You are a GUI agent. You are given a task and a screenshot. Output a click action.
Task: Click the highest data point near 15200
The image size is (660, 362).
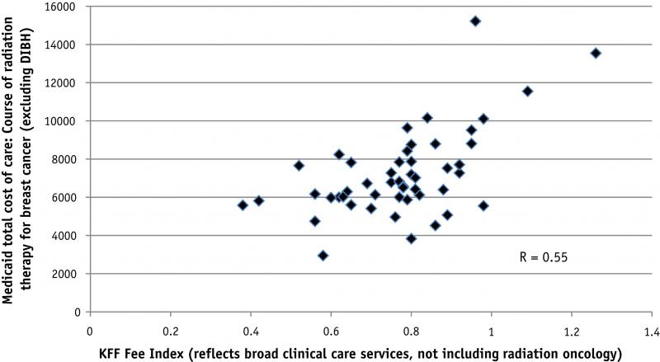click(475, 21)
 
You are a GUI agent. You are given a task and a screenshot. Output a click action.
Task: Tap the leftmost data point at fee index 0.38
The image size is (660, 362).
click(243, 205)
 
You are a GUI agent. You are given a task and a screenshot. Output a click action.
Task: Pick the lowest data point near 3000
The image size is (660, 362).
click(323, 256)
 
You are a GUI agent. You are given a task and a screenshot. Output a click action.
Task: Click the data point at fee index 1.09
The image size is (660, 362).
click(527, 92)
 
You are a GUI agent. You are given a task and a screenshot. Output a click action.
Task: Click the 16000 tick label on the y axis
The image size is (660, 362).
click(63, 7)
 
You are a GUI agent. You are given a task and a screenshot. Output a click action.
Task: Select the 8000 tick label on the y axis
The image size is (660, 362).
click(66, 159)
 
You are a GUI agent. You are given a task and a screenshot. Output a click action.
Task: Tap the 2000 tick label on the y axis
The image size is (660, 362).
click(66, 274)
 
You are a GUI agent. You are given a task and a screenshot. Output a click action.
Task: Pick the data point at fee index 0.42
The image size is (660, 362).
click(259, 201)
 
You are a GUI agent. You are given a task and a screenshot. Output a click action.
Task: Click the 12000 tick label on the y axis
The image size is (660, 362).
click(63, 82)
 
